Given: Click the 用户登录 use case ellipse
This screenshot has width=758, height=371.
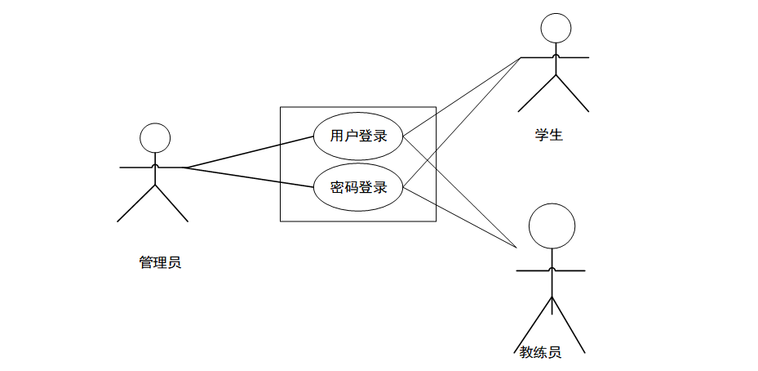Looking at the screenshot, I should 358,136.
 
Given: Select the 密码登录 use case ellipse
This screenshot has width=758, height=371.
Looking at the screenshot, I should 358,188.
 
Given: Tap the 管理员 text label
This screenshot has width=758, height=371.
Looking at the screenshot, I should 160,262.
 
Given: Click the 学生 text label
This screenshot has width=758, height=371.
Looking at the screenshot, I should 548,135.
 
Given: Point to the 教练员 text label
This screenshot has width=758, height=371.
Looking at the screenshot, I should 540,352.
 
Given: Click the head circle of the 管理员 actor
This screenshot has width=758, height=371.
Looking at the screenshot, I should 154,138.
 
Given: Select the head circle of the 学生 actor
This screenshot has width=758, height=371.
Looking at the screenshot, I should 556,28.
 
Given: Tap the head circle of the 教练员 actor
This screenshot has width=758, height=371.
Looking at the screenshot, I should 552,226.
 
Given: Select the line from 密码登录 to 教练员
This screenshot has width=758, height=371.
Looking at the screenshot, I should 462,217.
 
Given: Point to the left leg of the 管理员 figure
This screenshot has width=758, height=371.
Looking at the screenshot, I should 136,203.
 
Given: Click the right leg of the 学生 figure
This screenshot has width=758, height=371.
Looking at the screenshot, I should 572,93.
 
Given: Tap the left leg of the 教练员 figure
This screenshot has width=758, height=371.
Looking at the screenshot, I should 536,324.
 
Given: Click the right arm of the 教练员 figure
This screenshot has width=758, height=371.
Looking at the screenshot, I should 569,270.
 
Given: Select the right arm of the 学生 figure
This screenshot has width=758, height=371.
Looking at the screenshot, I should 573,58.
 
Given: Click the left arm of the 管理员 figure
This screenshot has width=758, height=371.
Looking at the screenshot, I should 136,168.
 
